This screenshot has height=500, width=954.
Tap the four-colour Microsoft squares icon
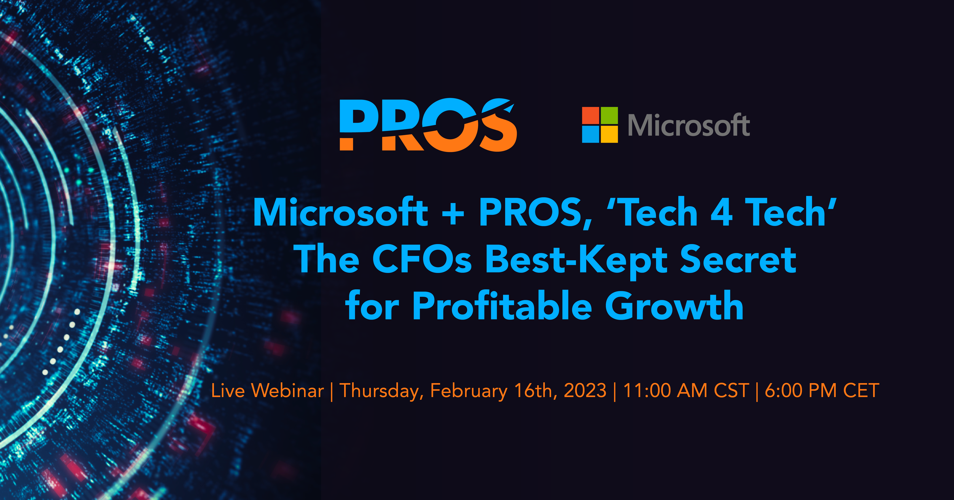600,125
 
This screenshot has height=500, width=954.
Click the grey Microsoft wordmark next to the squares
689,125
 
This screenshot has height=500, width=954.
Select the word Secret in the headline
738,259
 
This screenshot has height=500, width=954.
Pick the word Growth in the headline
674,306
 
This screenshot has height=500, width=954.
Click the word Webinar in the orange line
287,390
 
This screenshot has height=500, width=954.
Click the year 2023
585,390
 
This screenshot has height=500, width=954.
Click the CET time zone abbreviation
861,390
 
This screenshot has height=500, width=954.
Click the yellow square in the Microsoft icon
609,134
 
